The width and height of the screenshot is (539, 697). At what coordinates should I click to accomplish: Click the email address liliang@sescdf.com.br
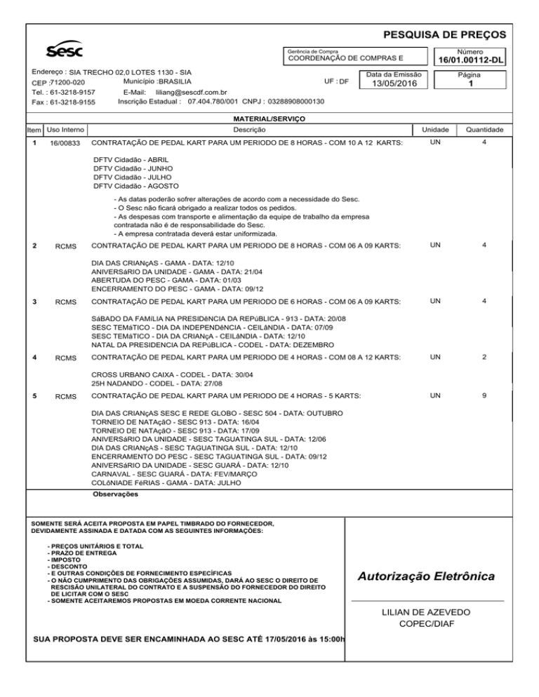[190, 92]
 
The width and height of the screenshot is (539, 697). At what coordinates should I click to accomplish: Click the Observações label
[115, 494]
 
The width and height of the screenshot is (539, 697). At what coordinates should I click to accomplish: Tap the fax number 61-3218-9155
[72, 102]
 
